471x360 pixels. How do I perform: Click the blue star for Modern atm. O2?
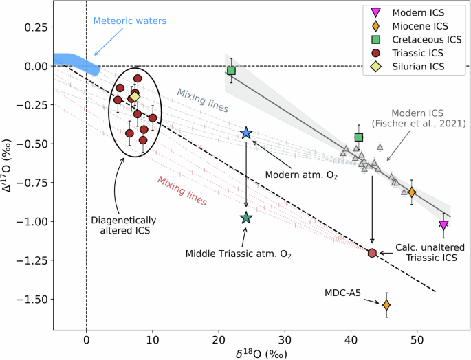[x=246, y=133]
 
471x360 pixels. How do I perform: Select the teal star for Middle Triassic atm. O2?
[x=246, y=218]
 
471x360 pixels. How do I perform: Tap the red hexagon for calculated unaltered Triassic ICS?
[x=372, y=253]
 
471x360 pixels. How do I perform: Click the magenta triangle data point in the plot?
[x=443, y=225]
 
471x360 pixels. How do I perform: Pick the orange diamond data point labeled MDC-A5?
[x=386, y=304]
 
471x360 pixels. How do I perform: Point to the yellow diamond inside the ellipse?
[x=135, y=97]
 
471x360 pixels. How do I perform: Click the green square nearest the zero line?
[x=232, y=71]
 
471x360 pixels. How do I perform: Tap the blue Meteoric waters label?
[x=130, y=21]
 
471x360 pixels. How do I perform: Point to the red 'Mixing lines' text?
[x=182, y=190]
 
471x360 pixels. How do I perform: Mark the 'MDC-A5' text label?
[x=343, y=293]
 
